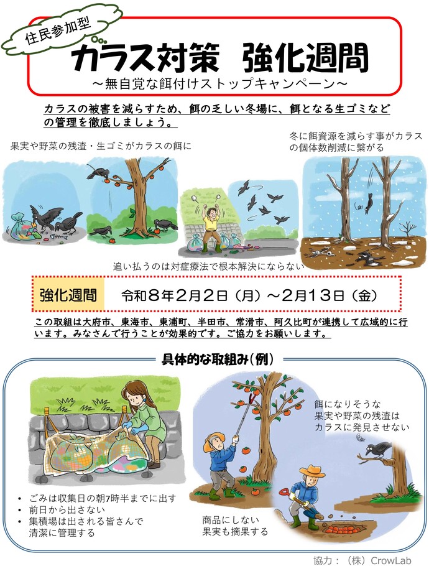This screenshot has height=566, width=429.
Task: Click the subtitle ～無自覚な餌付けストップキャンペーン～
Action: (214, 81)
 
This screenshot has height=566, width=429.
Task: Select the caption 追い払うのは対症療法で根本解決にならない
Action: (208, 266)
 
